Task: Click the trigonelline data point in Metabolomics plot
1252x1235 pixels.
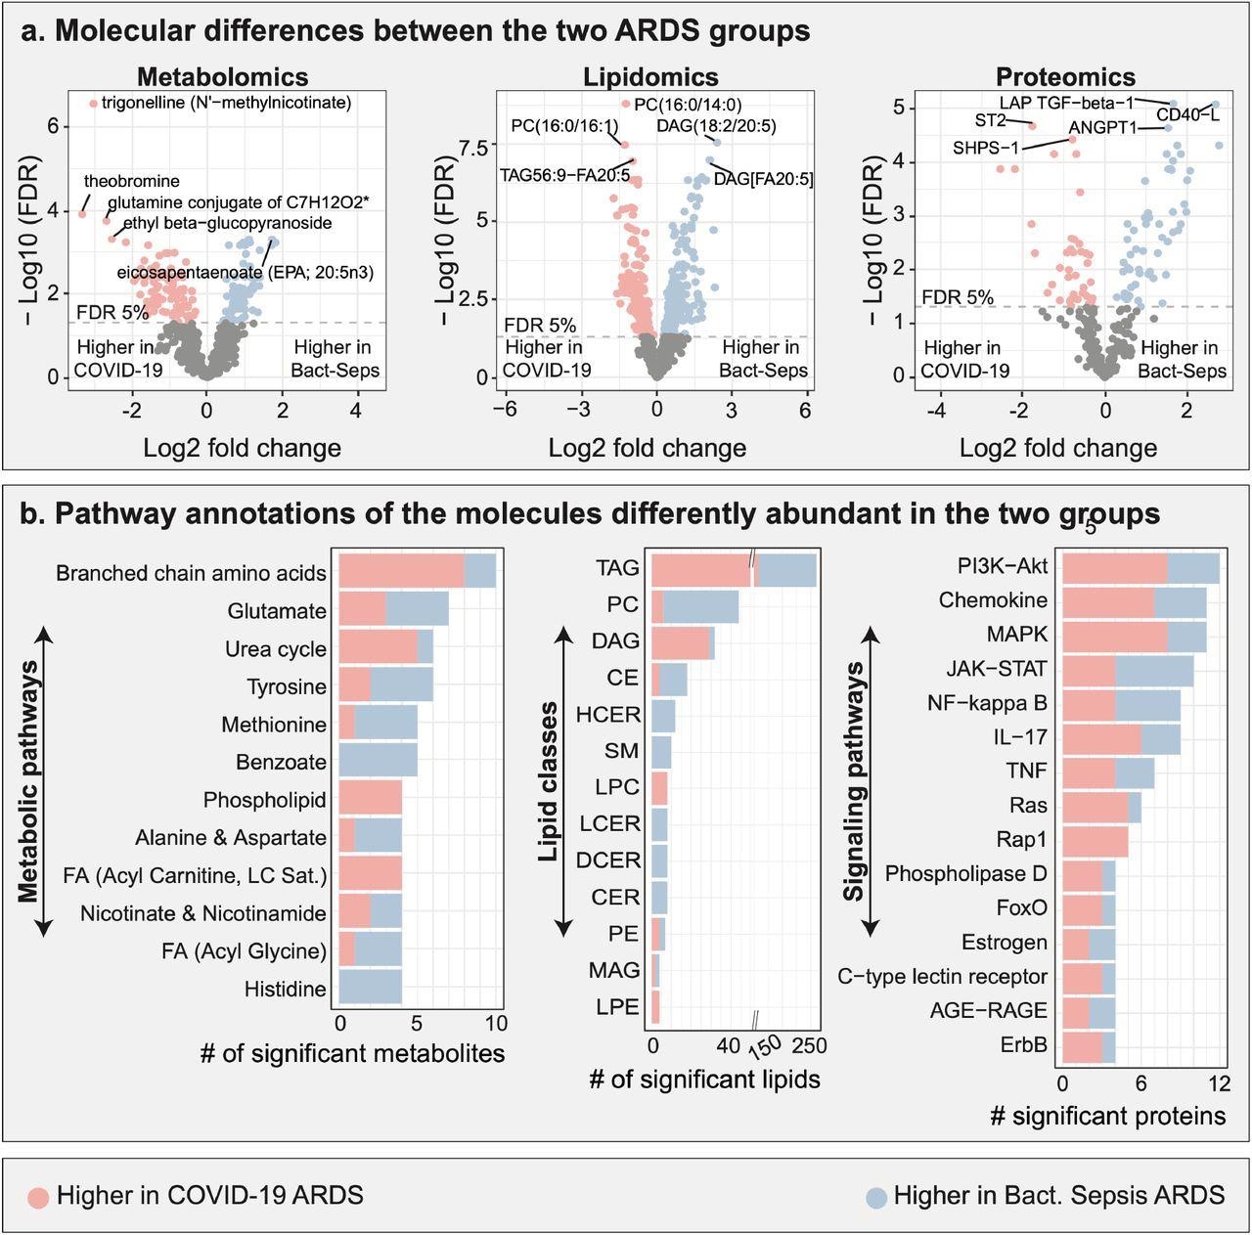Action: click(94, 103)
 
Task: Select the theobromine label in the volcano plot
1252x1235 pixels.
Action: click(131, 181)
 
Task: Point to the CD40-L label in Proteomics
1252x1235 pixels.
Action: click(1187, 116)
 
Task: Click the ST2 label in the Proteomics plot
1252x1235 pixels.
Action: click(990, 120)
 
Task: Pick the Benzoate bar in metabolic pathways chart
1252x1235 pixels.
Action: click(378, 762)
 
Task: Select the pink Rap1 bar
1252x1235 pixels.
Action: click(1095, 840)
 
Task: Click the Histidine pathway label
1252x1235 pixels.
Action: click(285, 989)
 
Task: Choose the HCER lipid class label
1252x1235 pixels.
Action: click(607, 715)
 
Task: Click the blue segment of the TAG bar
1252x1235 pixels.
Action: click(786, 570)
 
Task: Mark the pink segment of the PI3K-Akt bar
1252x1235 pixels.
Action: click(1114, 568)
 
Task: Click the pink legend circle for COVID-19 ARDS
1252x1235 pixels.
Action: click(38, 1197)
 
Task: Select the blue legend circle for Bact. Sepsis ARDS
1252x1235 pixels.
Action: click(876, 1197)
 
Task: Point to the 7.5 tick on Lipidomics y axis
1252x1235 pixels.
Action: click(472, 148)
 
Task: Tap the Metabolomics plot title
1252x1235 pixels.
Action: click(222, 77)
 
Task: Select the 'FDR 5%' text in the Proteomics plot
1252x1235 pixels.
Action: click(958, 297)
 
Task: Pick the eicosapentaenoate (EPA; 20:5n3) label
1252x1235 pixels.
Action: click(245, 272)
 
